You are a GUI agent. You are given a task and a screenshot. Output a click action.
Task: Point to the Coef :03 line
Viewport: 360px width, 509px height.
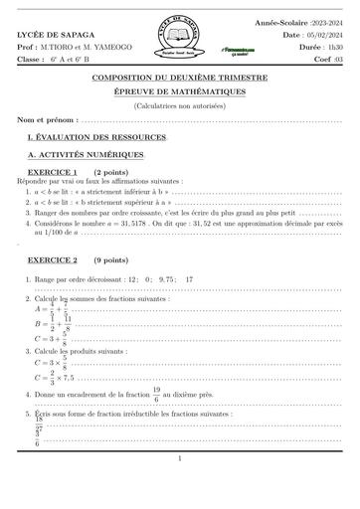click(325, 59)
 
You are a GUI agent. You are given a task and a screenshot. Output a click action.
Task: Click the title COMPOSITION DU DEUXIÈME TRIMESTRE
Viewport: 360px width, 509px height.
click(179, 78)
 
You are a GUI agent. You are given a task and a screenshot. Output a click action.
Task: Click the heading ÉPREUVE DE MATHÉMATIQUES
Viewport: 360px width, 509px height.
click(179, 91)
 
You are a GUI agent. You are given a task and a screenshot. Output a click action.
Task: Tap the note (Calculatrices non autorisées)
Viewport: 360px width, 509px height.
click(179, 105)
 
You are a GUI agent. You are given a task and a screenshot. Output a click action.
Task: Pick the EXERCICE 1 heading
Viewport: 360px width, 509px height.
click(54, 173)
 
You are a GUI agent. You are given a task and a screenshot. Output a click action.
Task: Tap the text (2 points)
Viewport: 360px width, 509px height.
click(111, 173)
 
